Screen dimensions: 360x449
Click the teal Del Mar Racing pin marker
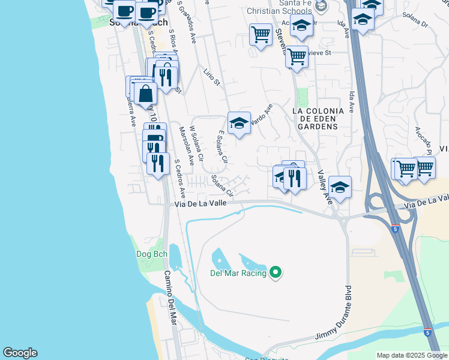tap(276, 273)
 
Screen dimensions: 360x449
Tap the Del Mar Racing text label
tap(238, 274)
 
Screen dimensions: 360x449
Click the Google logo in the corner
tap(20, 353)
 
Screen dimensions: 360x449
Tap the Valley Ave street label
tap(325, 187)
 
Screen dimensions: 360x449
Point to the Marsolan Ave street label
tap(187, 146)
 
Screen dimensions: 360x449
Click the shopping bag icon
tap(145, 94)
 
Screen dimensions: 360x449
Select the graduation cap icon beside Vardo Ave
tap(239, 123)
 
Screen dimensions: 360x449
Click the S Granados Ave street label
tap(188, 24)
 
